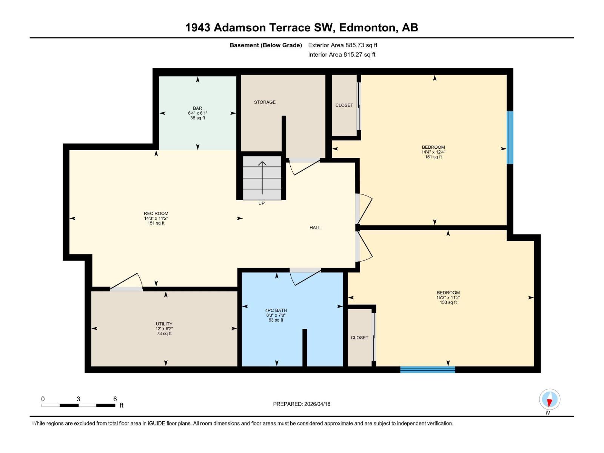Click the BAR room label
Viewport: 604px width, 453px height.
pos(197,108)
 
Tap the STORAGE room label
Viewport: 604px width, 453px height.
pos(265,102)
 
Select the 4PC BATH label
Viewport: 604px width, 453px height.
pos(276,311)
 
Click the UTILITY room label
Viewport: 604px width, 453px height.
pos(164,324)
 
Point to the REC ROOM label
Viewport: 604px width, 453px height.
pos(156,214)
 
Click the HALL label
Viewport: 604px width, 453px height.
pos(315,228)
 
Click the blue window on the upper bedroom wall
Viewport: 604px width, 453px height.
pos(510,137)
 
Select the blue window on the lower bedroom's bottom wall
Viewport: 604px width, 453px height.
pos(428,370)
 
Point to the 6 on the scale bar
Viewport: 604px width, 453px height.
pos(115,399)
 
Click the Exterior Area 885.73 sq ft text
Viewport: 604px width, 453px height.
pos(343,45)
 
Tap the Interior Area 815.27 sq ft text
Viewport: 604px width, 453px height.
pos(342,55)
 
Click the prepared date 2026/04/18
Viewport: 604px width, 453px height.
pos(317,404)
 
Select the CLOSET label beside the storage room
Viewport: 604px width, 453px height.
pos(344,105)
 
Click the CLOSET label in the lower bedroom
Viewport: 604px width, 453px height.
pos(359,338)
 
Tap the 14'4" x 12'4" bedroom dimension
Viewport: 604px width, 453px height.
pos(433,152)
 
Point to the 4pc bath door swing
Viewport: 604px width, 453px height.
pos(304,277)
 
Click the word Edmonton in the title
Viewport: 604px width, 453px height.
pos(368,28)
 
